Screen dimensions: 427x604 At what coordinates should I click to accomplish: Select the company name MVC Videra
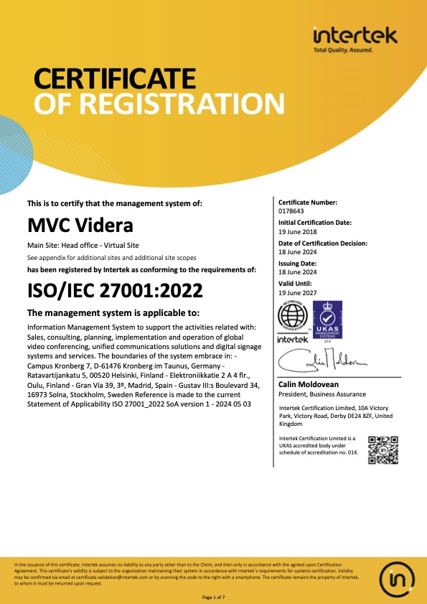click(x=80, y=226)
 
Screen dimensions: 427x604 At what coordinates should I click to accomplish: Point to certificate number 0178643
click(x=291, y=211)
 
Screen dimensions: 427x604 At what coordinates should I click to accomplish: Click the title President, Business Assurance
click(x=322, y=394)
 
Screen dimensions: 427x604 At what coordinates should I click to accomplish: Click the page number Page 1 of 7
click(x=213, y=598)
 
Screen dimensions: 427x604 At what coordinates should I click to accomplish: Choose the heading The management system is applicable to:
click(x=113, y=313)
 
